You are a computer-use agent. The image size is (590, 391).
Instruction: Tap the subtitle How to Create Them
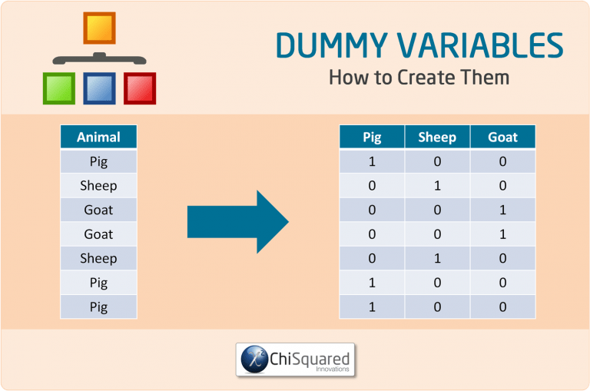click(x=419, y=78)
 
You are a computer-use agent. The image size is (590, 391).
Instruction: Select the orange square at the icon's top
click(x=99, y=28)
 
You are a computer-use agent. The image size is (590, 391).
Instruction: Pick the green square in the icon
click(x=58, y=88)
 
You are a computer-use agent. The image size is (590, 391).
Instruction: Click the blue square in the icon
click(x=99, y=88)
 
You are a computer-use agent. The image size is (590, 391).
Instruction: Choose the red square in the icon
click(x=140, y=88)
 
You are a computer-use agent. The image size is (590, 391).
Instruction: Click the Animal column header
click(x=98, y=138)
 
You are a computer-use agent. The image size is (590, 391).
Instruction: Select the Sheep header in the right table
click(x=437, y=138)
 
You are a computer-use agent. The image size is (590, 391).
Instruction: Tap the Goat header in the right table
click(x=502, y=138)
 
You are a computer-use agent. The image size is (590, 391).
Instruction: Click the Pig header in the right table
click(x=372, y=138)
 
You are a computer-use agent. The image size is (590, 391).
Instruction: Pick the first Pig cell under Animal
click(x=98, y=161)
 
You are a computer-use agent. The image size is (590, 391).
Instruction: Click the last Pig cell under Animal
click(x=98, y=307)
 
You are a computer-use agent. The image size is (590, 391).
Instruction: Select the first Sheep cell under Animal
click(x=98, y=185)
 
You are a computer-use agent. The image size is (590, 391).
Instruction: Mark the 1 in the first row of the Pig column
click(x=372, y=161)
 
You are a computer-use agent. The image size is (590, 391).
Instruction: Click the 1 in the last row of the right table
click(x=372, y=307)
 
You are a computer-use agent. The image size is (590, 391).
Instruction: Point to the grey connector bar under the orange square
click(x=99, y=58)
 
